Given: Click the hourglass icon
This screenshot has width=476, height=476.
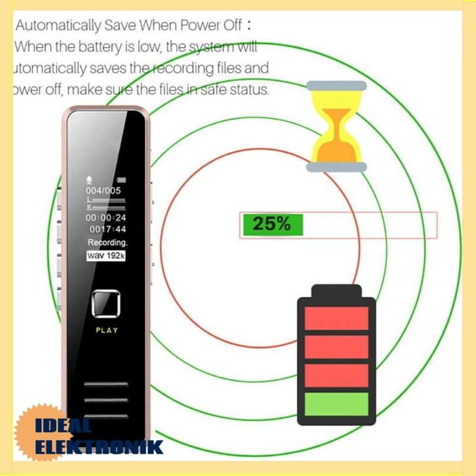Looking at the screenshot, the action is coord(336,126).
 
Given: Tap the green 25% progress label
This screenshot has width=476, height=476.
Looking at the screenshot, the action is coord(271,224).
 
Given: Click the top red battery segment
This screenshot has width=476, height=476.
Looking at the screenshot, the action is coord(337,319).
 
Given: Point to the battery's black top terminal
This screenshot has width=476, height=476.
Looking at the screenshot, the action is coord(336,291).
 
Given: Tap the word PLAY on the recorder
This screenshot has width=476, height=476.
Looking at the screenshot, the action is coord(107,330).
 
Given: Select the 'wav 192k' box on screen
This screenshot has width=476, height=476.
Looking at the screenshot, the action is coord(106,256).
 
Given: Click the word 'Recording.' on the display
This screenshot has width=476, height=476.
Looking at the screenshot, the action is coord(108,243).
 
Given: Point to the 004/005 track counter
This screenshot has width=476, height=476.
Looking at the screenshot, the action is coord(104,190).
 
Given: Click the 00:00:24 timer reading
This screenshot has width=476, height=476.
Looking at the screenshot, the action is coord(106,217).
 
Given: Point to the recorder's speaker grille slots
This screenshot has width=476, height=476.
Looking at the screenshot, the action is coord(107,399).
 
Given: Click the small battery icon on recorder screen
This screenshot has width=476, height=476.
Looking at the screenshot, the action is coord(121,180).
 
